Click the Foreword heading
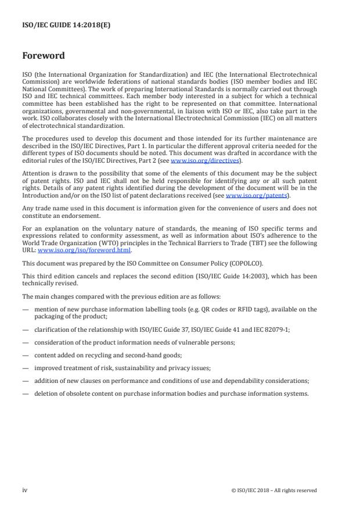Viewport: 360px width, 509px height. click(x=43, y=56)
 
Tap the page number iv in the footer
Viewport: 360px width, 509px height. click(x=25, y=490)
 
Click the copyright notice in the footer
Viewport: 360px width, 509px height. click(x=273, y=490)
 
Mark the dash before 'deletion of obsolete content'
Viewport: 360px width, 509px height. click(x=25, y=393)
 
